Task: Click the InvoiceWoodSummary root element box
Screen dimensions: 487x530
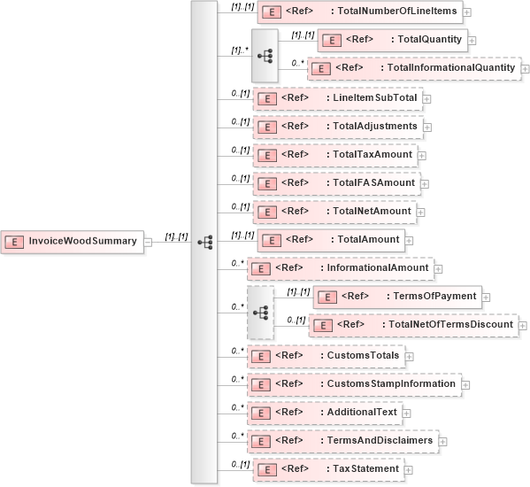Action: pyautogui.click(x=72, y=241)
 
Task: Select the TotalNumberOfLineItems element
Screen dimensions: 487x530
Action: pyautogui.click(x=359, y=12)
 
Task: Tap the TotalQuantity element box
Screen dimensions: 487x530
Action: pyautogui.click(x=391, y=40)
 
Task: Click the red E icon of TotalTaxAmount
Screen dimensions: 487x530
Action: pyautogui.click(x=264, y=155)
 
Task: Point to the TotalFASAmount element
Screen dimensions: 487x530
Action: pyautogui.click(x=335, y=183)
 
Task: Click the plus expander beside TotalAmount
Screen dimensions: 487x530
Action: pyautogui.click(x=409, y=241)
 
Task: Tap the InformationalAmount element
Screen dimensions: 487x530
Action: pyautogui.click(x=338, y=267)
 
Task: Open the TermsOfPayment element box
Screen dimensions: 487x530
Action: pyautogui.click(x=398, y=296)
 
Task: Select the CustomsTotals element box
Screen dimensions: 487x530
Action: pyautogui.click(x=326, y=356)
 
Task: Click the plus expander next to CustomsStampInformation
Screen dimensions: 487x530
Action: pyautogui.click(x=466, y=384)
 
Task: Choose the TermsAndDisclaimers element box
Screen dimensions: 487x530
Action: pyautogui.click(x=342, y=440)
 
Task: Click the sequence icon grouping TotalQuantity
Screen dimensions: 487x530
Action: pyautogui.click(x=265, y=54)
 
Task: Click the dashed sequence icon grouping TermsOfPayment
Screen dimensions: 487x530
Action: pyautogui.click(x=260, y=312)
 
